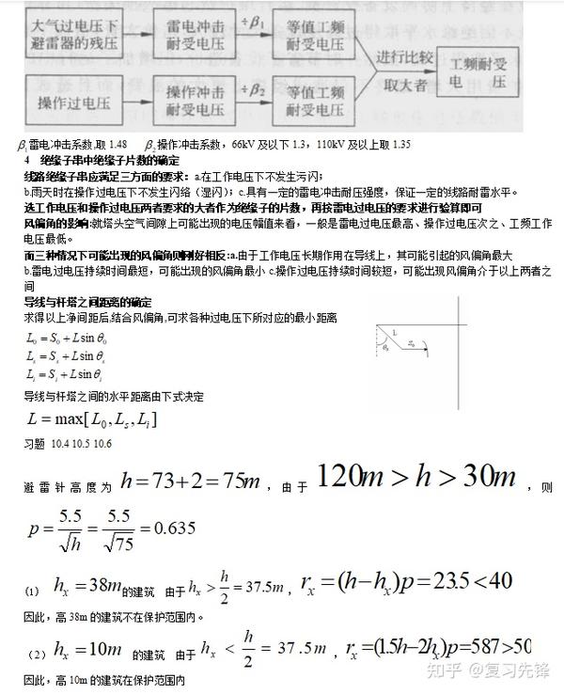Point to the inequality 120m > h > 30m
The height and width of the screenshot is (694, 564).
tap(418, 479)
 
